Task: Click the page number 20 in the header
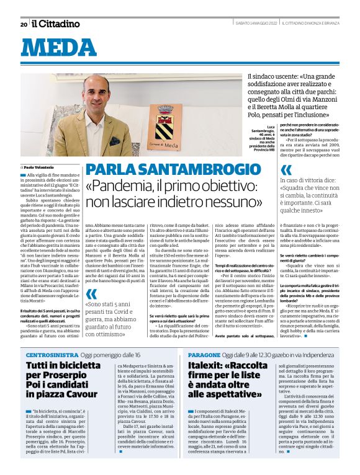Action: click(x=24, y=24)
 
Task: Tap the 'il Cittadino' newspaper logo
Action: click(x=56, y=24)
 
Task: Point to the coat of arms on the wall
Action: click(x=164, y=123)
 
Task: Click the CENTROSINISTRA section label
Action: click(x=51, y=354)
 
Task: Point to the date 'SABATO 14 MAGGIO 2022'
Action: click(x=254, y=24)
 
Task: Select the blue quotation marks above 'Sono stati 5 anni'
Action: click(x=91, y=293)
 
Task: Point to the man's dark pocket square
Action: click(x=115, y=141)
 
